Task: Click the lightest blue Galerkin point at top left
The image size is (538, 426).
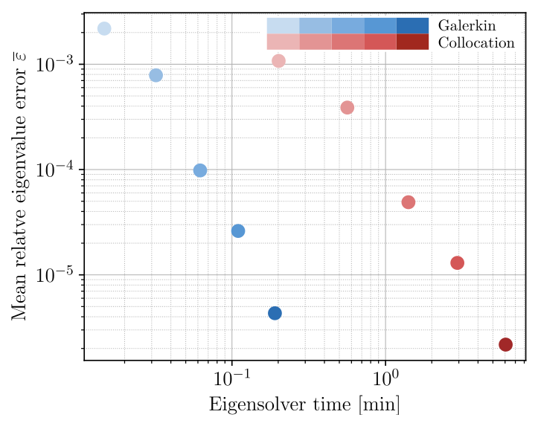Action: coord(104,28)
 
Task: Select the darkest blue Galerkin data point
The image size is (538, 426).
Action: coord(275,313)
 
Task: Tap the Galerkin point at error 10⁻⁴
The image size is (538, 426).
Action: coord(200,170)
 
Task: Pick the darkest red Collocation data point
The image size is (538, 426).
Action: coord(505,344)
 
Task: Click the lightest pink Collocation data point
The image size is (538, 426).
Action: coord(278,61)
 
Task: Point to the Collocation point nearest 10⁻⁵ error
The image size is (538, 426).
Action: coord(458,262)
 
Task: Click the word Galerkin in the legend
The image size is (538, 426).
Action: coord(467,26)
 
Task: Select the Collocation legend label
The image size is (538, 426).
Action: coord(476,42)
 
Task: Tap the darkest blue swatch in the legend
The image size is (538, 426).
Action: coord(412,26)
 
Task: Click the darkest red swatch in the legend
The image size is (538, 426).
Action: coord(412,42)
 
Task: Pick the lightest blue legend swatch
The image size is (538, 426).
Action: coord(283,26)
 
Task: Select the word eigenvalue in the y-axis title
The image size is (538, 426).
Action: coord(20,153)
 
